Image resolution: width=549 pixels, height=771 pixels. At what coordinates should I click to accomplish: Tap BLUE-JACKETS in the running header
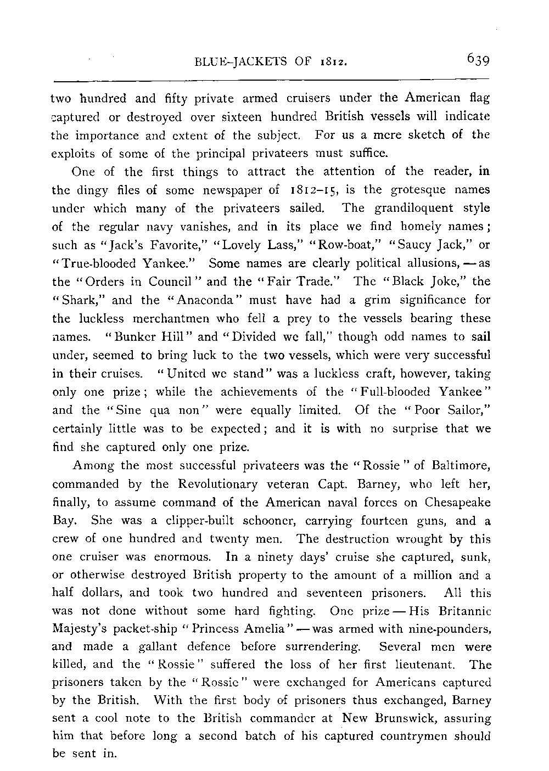238,60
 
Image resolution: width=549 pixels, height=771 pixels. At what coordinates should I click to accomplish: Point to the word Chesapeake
456,503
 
